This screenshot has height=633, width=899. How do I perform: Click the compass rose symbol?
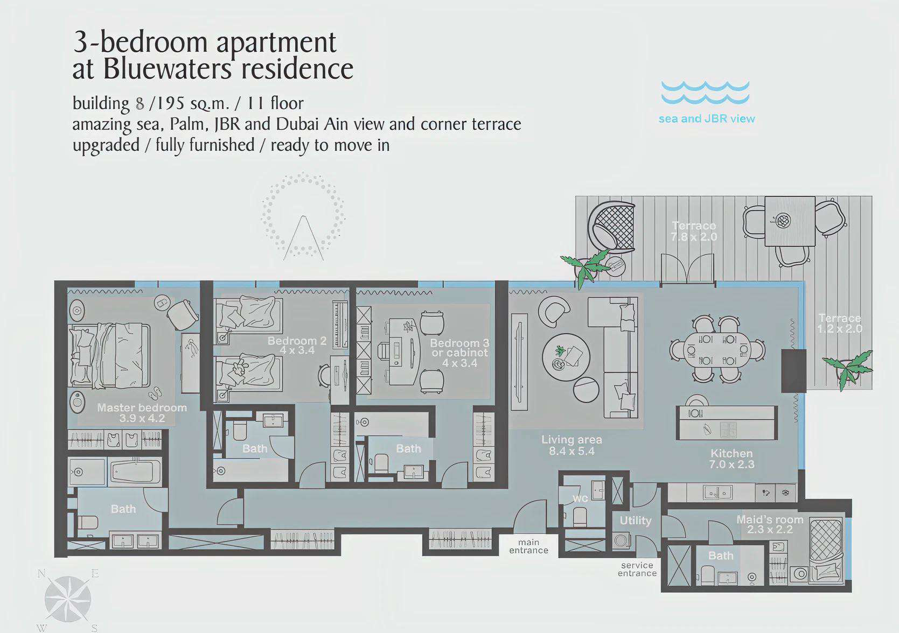(x=67, y=599)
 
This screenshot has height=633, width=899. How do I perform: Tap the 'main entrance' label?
(x=528, y=546)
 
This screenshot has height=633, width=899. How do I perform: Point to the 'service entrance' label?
(x=637, y=569)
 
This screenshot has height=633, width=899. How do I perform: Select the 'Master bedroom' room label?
(x=142, y=407)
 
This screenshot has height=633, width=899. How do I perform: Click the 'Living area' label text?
(x=572, y=440)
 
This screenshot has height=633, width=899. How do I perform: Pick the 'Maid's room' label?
(x=770, y=519)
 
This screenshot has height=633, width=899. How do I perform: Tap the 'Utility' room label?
(x=635, y=521)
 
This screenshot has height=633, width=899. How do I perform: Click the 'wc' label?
(x=580, y=498)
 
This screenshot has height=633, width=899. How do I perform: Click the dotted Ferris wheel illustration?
(x=303, y=216)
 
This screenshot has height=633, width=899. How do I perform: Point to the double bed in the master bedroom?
(x=109, y=356)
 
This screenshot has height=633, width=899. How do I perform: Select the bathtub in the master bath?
(x=136, y=472)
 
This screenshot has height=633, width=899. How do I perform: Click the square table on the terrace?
(x=790, y=221)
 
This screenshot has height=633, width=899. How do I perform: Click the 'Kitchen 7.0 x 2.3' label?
(x=731, y=459)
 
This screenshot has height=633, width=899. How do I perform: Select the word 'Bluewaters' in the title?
(x=168, y=68)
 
